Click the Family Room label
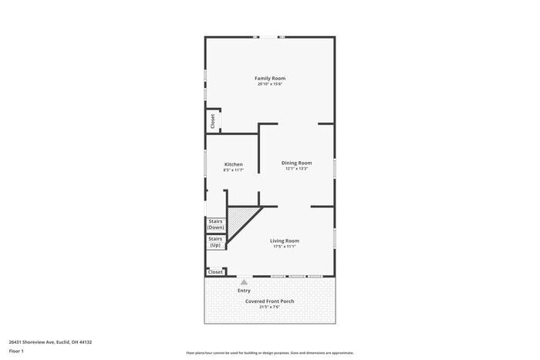tap(270, 78)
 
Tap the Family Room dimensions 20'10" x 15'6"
tap(270, 84)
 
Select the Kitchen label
tap(234, 163)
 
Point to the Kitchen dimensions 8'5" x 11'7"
tap(234, 170)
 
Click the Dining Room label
tap(296, 163)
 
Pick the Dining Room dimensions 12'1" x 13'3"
tap(296, 169)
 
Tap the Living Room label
tap(285, 241)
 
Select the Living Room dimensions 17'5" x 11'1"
tap(285, 247)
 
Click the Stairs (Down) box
tap(216, 224)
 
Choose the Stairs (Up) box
tap(216, 242)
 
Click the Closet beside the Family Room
tap(213, 121)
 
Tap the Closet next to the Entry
tap(216, 272)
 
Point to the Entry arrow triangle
tap(245, 282)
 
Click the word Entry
tap(244, 291)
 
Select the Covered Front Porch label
tap(269, 301)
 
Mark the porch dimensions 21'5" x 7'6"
tap(269, 307)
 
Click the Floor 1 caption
tap(16, 352)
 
